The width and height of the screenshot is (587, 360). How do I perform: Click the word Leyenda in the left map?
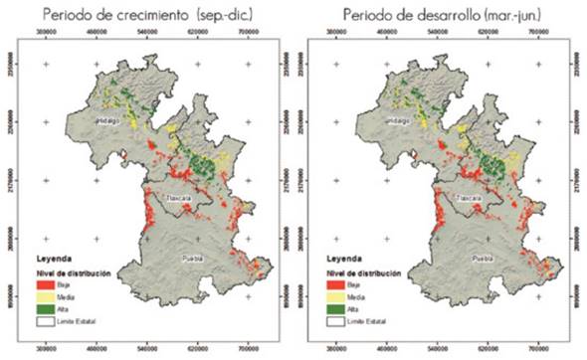[x=55, y=256]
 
